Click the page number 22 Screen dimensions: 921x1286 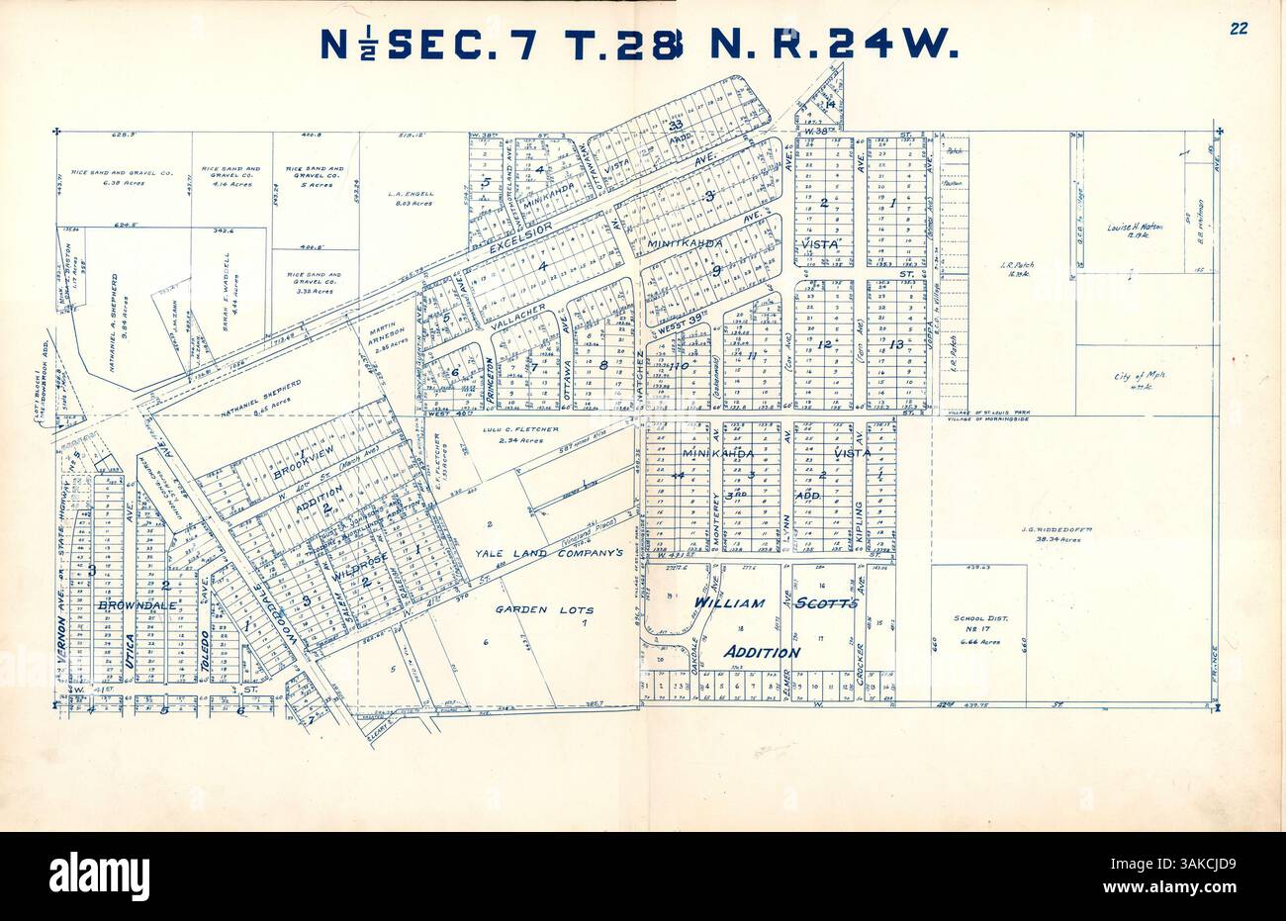[1238, 29]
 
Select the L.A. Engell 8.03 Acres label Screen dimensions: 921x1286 [409, 199]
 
